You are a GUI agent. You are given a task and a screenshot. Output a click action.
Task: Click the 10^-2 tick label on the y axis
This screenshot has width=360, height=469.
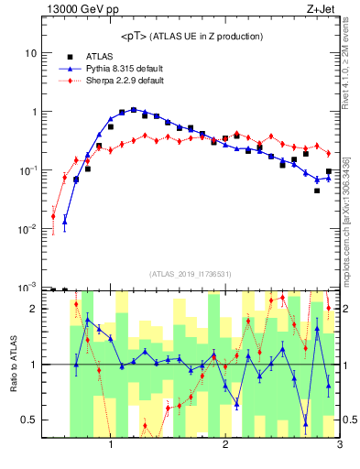pos(27,229)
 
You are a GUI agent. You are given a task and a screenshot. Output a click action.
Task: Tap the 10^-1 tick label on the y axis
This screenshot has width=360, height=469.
pos(27,170)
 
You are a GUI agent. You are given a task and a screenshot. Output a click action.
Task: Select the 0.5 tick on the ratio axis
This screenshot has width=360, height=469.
pos(28,420)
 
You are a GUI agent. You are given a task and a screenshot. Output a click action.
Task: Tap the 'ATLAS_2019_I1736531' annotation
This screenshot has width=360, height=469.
pos(191,274)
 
